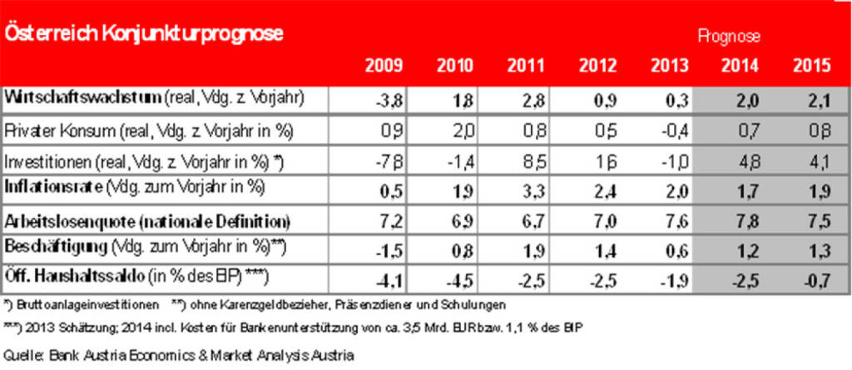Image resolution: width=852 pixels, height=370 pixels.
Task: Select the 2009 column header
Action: [x=384, y=67]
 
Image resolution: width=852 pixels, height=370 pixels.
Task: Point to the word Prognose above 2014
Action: [x=730, y=37]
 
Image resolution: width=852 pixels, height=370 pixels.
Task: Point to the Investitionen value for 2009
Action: [x=386, y=160]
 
